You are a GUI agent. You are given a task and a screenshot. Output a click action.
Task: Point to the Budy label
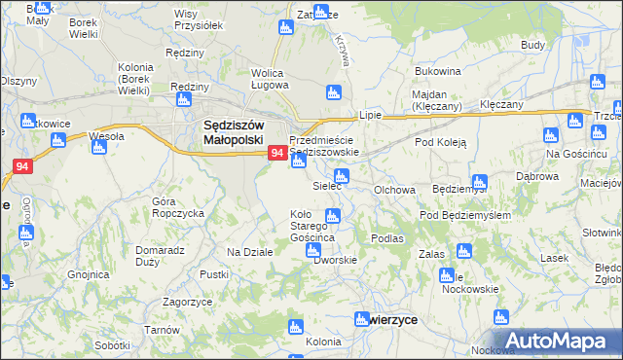[x=532, y=45]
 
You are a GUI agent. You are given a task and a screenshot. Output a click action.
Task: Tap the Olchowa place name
[x=395, y=191]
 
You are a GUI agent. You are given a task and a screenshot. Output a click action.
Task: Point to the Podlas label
[x=386, y=237]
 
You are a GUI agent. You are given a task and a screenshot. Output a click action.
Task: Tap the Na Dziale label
[x=249, y=252]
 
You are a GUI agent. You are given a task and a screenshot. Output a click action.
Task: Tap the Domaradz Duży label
[x=160, y=255]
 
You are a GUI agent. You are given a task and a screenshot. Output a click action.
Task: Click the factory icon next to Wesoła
[x=98, y=147]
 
